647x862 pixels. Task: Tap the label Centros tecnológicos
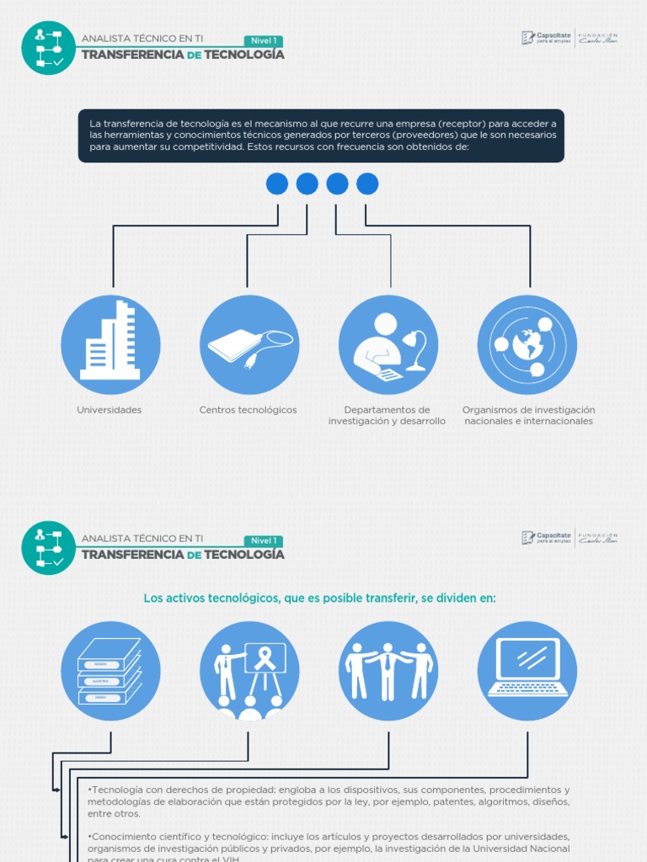coord(249,410)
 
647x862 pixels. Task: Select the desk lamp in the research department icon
coord(415,350)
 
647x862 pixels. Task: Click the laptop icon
coord(527,667)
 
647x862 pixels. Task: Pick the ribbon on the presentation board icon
coord(265,657)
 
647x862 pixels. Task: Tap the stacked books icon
coord(110,671)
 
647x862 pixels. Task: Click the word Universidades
coord(110,410)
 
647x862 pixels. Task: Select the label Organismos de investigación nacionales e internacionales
coord(528,416)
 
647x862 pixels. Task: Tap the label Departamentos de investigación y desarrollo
coord(387,416)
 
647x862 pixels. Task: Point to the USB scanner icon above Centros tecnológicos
coord(250,345)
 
